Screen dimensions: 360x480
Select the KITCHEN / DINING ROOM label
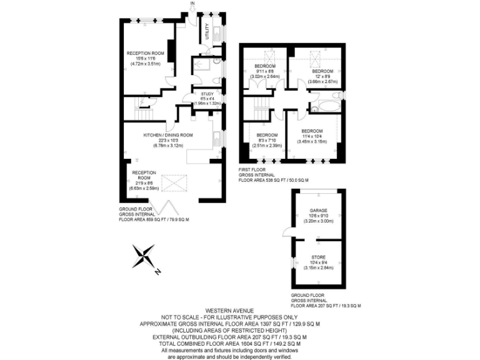(167, 135)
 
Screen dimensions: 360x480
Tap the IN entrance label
(193, 4)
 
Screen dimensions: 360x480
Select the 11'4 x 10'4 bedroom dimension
(312, 137)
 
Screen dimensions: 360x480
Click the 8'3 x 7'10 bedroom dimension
(267, 141)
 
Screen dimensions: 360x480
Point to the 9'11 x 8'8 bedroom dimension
(264, 71)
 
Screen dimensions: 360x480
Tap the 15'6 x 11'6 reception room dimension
(145, 59)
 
